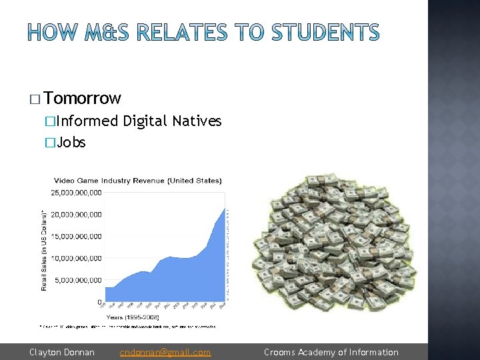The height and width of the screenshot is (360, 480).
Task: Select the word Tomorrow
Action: pos(83,99)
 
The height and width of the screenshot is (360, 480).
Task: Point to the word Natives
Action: pos(197,121)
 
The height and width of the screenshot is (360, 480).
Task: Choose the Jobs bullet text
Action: pos(71,142)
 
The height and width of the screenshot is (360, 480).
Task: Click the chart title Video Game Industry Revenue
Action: pos(138,180)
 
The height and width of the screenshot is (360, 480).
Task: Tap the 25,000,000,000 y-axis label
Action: pos(77,193)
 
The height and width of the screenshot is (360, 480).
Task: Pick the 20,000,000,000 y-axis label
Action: pos(77,215)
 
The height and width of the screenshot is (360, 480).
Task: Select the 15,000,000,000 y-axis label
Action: pos(77,237)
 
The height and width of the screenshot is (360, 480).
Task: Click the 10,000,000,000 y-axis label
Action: pos(77,258)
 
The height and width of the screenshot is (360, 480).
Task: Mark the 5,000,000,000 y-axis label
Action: pos(79,280)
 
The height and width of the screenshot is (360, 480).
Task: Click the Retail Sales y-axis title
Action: pos(44,250)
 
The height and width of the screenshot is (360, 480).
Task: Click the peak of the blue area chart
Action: pos(224,193)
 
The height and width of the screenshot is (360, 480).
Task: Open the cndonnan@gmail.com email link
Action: pos(165,352)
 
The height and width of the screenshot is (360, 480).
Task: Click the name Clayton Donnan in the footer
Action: pos(61,352)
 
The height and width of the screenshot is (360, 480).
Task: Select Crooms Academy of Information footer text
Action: pos(331,352)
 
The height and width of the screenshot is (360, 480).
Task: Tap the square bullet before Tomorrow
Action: pos(35,100)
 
